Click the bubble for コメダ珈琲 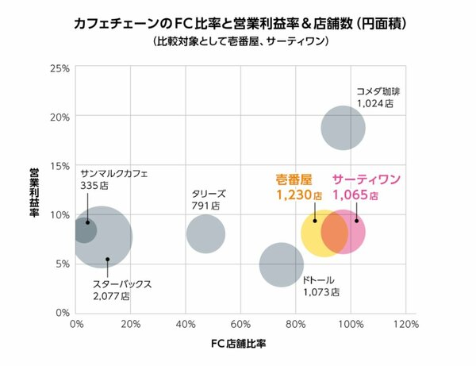[343, 128]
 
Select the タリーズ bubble [205, 234]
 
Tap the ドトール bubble [282, 264]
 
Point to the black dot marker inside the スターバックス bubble [108, 259]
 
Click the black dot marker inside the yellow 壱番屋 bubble [315, 220]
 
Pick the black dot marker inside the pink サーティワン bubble [356, 221]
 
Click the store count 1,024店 [375, 103]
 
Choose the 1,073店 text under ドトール [321, 292]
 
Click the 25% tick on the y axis [60, 67]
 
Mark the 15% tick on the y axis [60, 165]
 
